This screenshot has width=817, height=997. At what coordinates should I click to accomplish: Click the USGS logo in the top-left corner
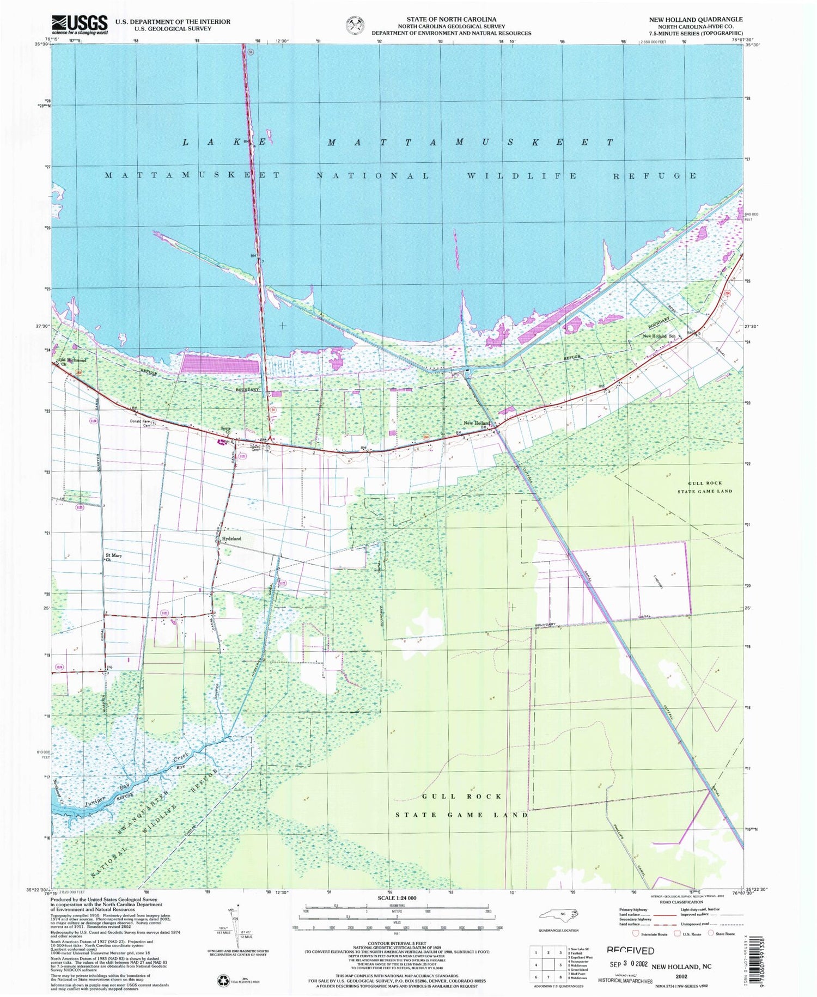click(80, 25)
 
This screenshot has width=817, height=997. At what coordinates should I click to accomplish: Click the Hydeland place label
click(231, 539)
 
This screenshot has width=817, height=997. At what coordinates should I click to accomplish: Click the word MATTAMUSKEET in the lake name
click(470, 142)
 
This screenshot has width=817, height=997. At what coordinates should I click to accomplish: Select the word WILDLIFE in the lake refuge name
click(522, 176)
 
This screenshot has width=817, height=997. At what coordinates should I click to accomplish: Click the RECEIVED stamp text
click(630, 950)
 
